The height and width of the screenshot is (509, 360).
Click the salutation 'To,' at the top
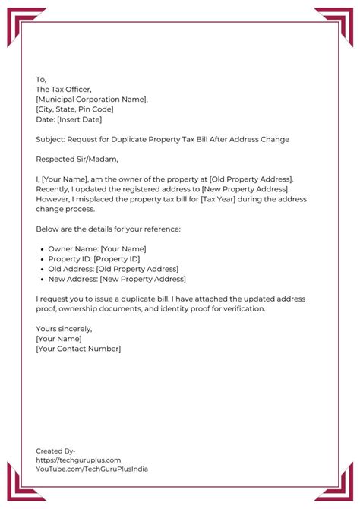click(x=41, y=79)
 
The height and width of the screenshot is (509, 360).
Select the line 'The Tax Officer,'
click(x=65, y=89)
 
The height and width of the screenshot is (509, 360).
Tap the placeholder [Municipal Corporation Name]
click(x=92, y=100)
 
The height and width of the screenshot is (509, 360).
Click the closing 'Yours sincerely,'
click(x=64, y=329)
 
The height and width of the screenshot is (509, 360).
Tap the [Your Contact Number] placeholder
click(x=78, y=349)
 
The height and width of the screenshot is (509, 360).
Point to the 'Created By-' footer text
click(x=55, y=451)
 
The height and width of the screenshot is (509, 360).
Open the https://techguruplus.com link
click(x=78, y=460)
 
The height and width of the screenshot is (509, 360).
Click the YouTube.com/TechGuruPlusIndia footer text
click(x=92, y=469)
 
